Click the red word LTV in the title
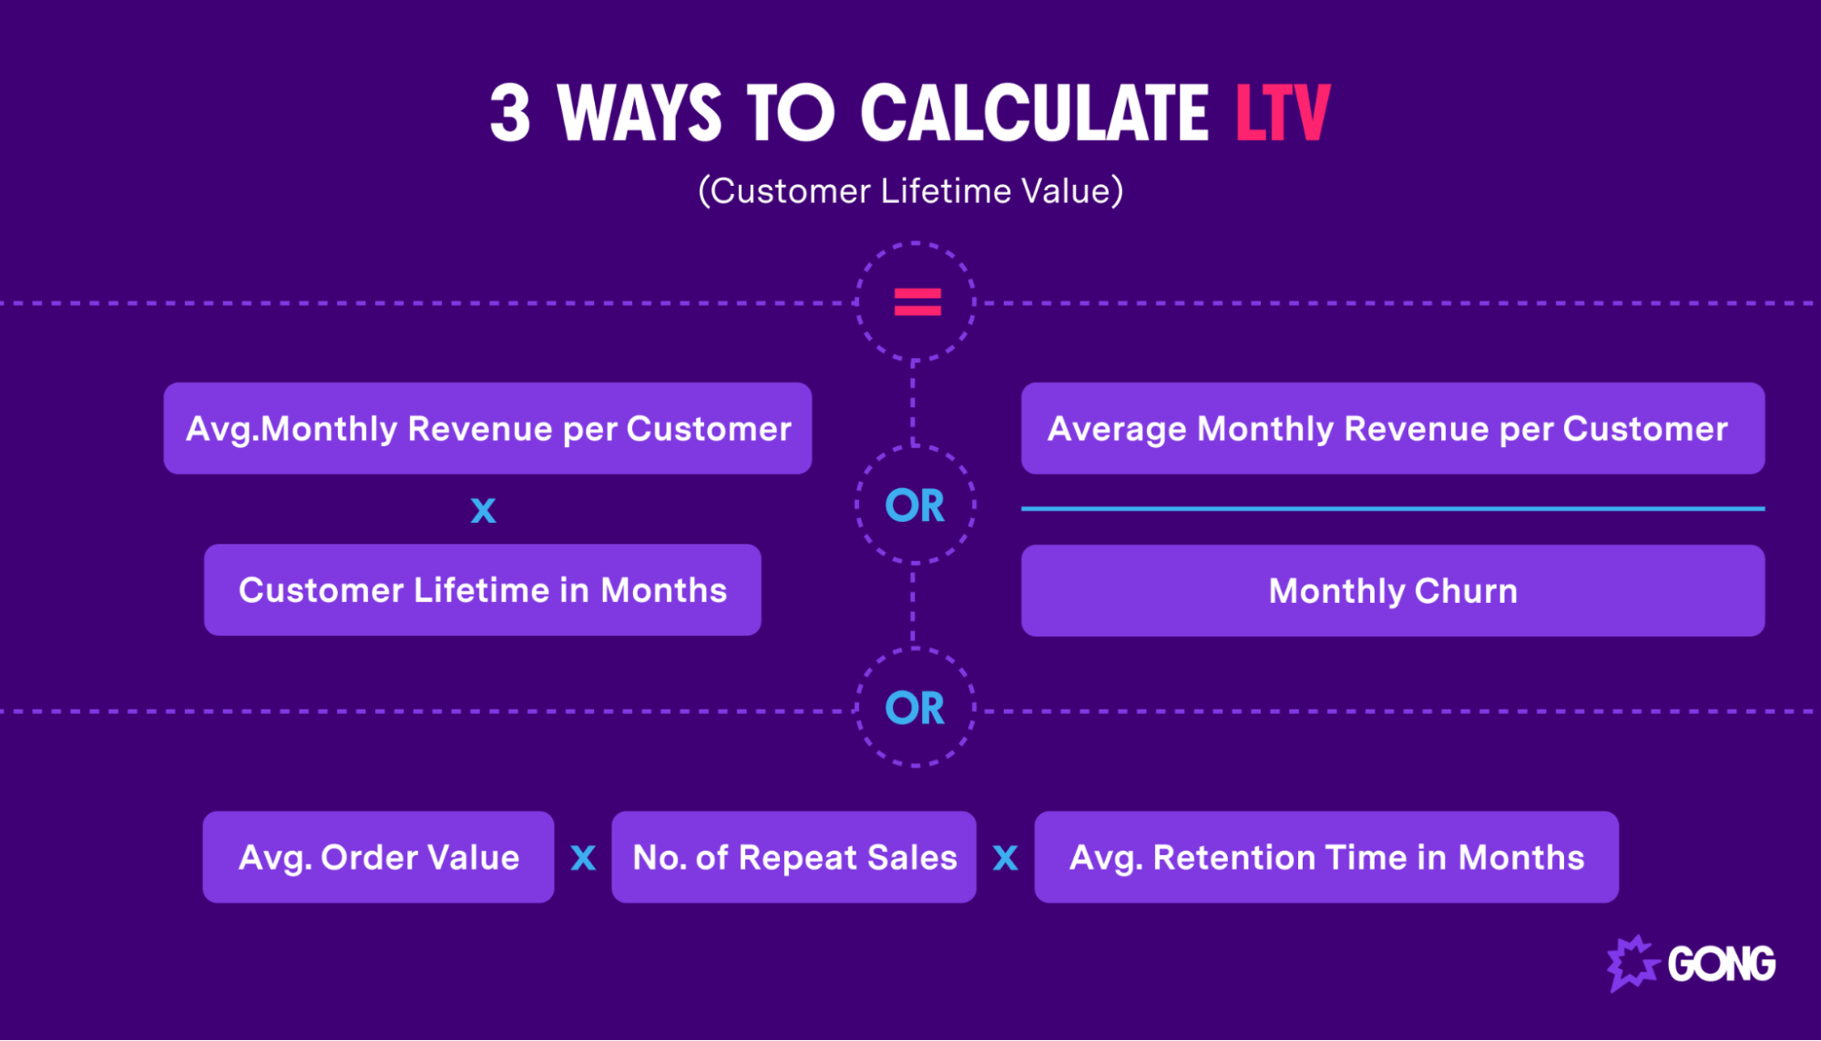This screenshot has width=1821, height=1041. coord(1283,113)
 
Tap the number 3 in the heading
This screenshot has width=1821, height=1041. coord(510,114)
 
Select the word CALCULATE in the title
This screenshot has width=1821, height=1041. coord(1034,114)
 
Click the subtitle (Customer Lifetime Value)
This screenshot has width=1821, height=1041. coord(910,191)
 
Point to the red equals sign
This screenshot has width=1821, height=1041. coord(916,301)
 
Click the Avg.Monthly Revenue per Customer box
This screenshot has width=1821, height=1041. coord(487,428)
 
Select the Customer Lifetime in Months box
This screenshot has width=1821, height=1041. coord(483,590)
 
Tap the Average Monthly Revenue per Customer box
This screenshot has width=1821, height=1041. coord(1392,428)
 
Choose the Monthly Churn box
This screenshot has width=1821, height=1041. coord(1392,590)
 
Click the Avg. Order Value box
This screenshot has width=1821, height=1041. coord(378,857)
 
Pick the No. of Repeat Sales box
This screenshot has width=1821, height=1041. coord(793,857)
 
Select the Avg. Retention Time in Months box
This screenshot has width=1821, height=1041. coord(1326,857)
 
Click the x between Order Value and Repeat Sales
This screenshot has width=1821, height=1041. coord(583,857)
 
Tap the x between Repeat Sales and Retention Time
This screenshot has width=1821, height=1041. coord(1005,857)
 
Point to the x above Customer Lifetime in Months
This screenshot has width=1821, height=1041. coord(483,509)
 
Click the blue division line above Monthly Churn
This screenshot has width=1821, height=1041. coord(1392,508)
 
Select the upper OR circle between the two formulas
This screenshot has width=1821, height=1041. coord(916,505)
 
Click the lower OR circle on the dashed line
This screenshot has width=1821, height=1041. coord(916,708)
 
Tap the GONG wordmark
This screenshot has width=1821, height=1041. coord(1721,964)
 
